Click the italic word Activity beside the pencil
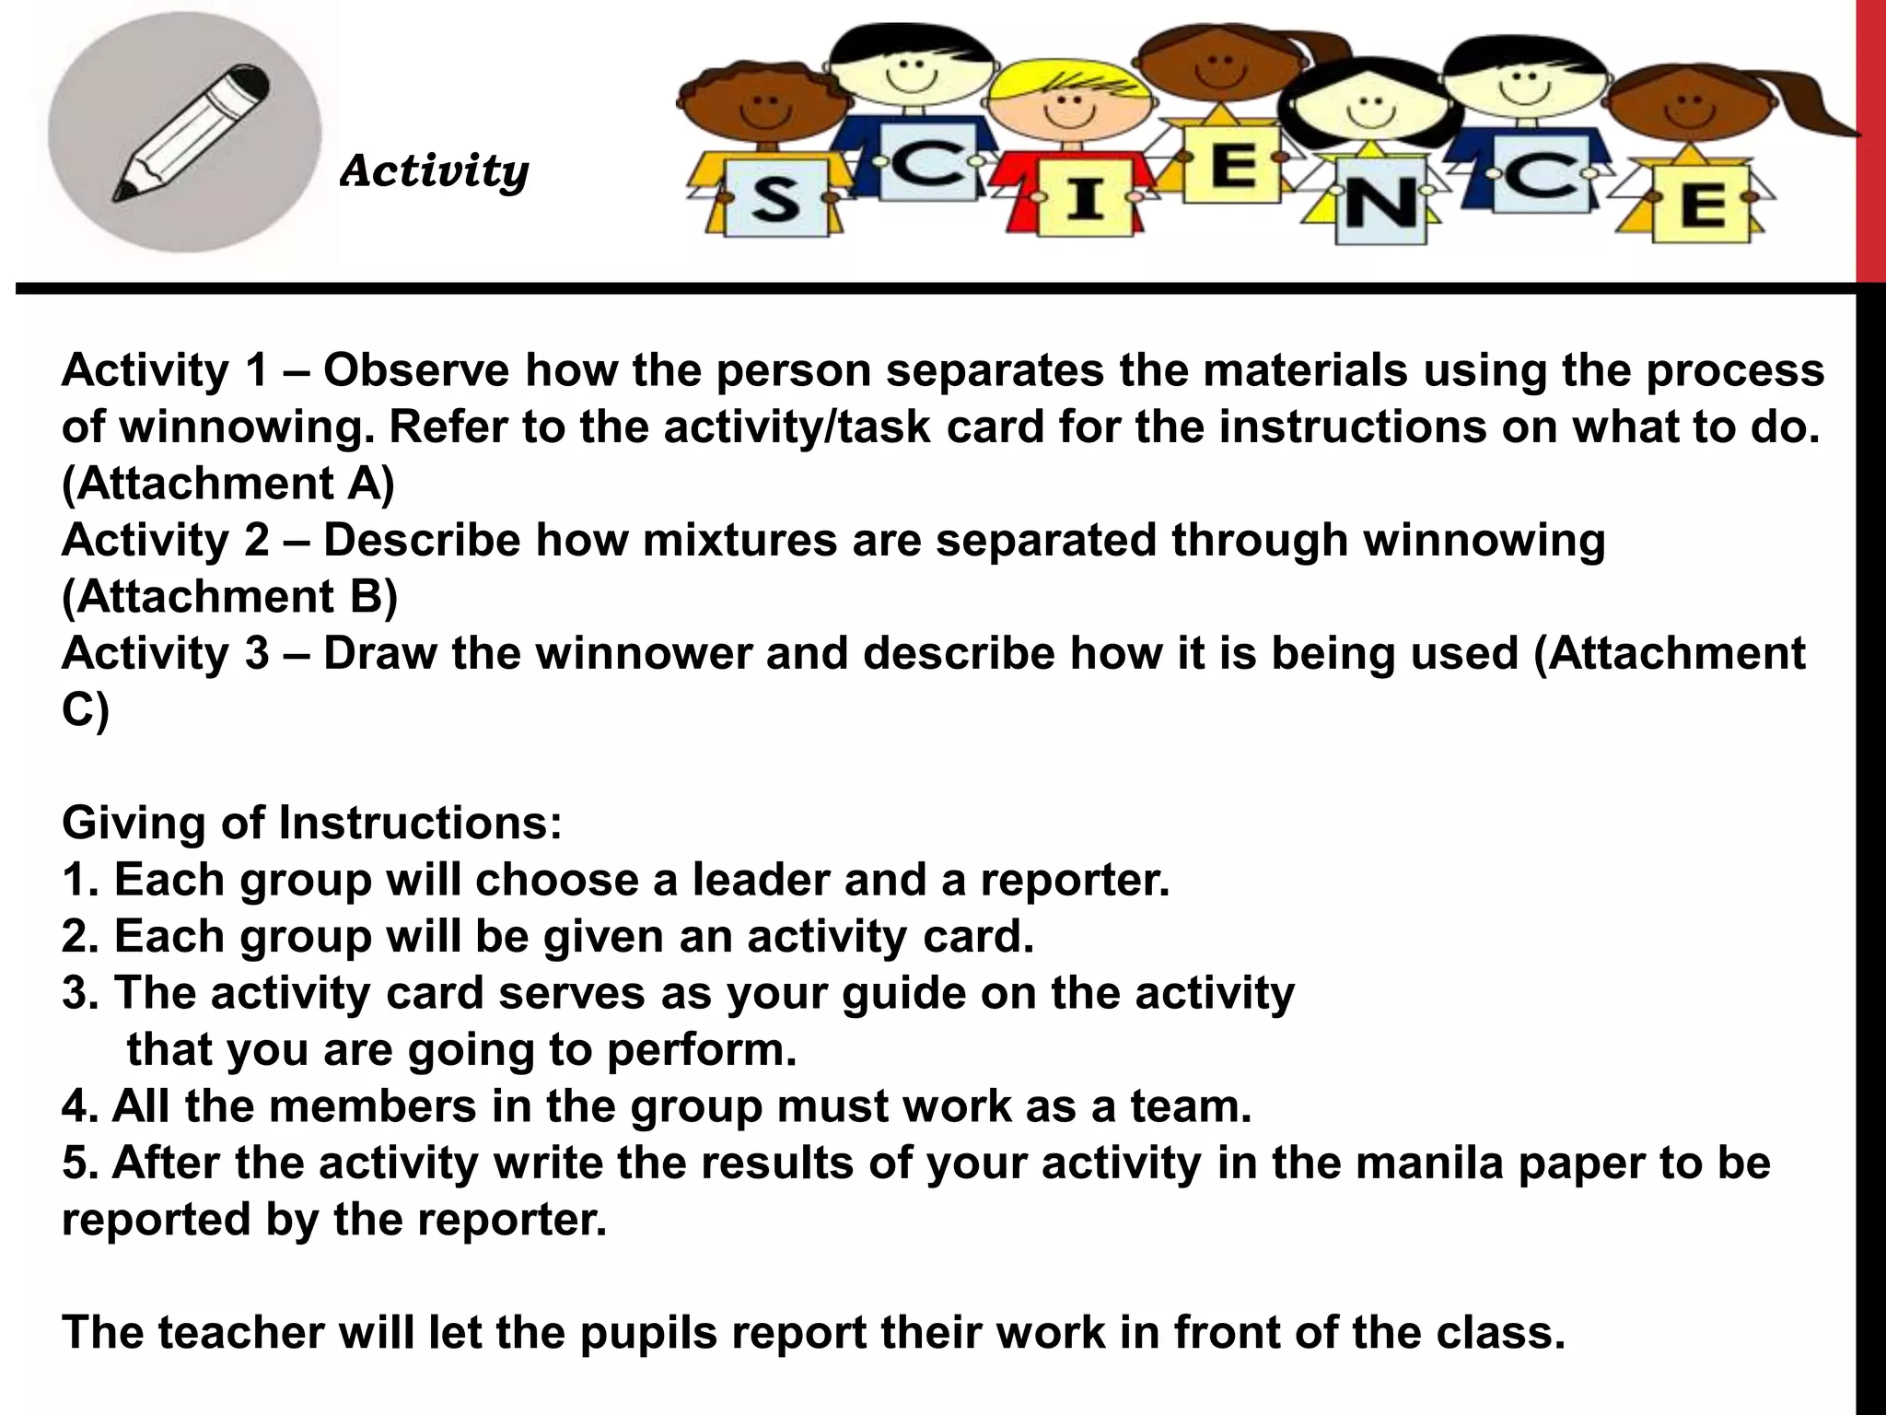tap(434, 171)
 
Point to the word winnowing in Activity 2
tap(1484, 541)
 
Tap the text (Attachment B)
tap(229, 598)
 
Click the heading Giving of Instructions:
tap(312, 823)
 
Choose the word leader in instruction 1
tap(760, 881)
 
